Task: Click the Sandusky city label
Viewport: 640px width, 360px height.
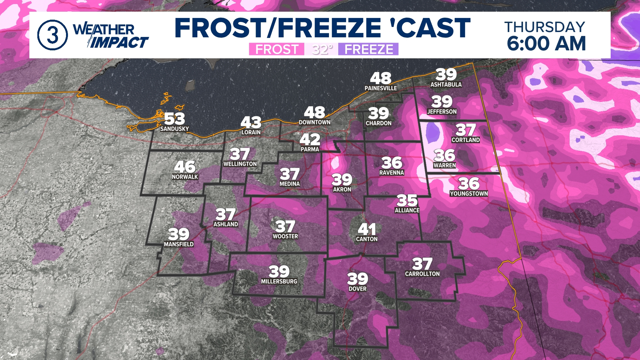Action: coord(174,129)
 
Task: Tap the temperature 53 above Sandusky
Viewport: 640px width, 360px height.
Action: coord(174,119)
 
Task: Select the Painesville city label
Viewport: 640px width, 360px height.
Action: coord(381,88)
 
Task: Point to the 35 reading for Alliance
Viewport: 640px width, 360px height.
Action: coord(407,201)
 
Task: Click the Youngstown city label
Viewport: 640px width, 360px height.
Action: coord(469,193)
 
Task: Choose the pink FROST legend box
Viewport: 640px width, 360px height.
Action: coord(276,49)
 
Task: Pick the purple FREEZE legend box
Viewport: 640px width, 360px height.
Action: coord(368,49)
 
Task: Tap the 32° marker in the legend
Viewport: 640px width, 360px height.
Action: coord(322,49)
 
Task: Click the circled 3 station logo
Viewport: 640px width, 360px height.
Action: coord(52,35)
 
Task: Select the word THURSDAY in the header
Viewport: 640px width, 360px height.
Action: coord(545,27)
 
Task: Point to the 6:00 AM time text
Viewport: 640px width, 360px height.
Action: coord(546,44)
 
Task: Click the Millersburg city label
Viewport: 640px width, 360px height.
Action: coord(279,281)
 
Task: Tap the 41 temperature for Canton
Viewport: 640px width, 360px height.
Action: coord(367,229)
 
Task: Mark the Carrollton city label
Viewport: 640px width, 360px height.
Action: coord(422,274)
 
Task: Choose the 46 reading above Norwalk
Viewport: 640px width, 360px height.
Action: coord(185,167)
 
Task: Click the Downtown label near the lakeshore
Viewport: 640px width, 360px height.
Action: coord(314,122)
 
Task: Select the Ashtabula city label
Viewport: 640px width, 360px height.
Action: coord(446,85)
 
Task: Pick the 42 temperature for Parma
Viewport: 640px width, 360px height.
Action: coord(310,139)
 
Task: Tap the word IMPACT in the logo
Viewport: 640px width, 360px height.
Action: coord(119,43)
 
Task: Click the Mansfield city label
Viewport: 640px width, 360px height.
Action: coord(179,244)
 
